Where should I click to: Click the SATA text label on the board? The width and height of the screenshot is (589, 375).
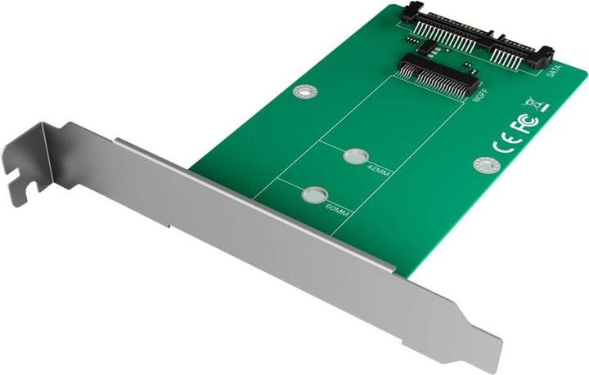tap(552, 72)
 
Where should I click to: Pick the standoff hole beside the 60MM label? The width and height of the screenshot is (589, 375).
tap(312, 194)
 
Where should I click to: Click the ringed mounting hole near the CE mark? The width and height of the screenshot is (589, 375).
tap(483, 165)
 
